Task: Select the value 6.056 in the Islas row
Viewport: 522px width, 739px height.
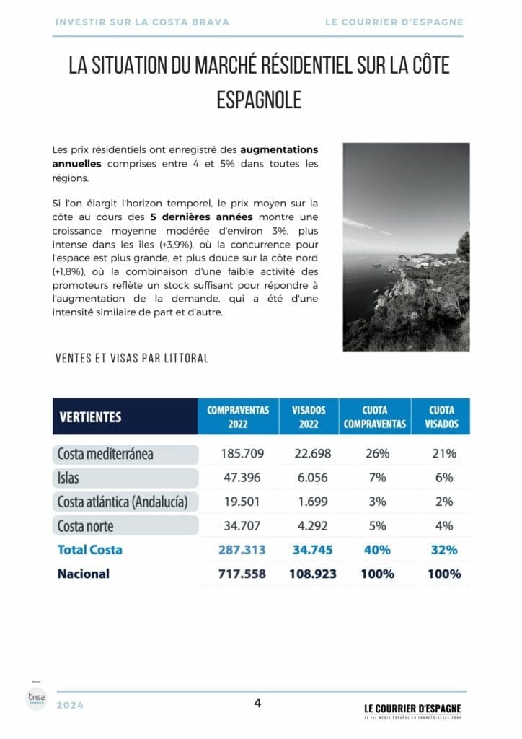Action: tap(311, 478)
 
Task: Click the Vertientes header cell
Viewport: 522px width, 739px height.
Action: tap(90, 417)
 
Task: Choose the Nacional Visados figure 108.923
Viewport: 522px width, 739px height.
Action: tap(311, 574)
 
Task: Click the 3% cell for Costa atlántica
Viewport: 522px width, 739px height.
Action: tap(377, 502)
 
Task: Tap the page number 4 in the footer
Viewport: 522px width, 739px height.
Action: tap(257, 703)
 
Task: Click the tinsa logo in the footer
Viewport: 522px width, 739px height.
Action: tap(36, 698)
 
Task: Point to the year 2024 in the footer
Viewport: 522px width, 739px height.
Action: tap(70, 705)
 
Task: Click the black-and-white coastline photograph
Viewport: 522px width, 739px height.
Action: tap(406, 247)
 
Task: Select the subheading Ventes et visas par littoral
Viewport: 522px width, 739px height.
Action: tap(132, 358)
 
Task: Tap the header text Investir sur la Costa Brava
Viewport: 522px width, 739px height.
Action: tap(142, 22)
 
